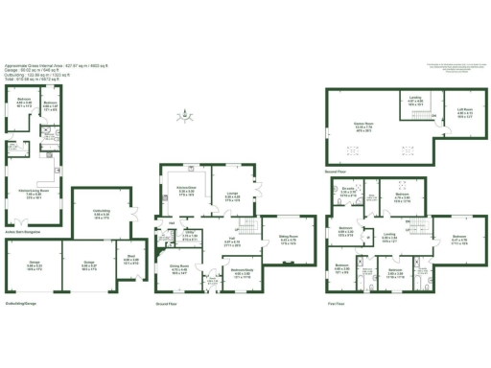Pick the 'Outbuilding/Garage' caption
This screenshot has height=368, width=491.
(21, 305)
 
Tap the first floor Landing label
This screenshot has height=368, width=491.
(389, 235)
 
